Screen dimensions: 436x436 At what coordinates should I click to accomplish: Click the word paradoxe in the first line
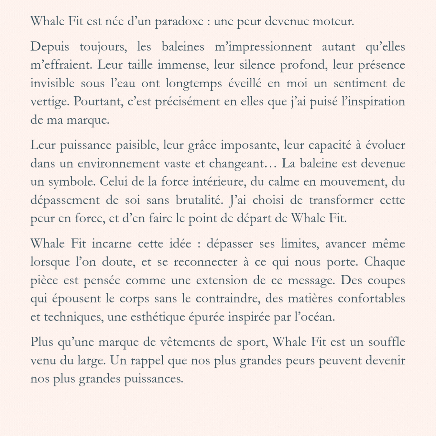coord(179,22)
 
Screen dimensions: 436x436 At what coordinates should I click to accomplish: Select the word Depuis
coord(50,47)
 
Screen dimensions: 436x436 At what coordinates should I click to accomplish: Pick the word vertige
coord(50,102)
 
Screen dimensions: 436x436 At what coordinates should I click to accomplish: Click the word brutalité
coord(200,200)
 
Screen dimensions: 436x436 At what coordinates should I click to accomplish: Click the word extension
coord(221,280)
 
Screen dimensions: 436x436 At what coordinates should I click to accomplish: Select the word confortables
coord(371,299)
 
